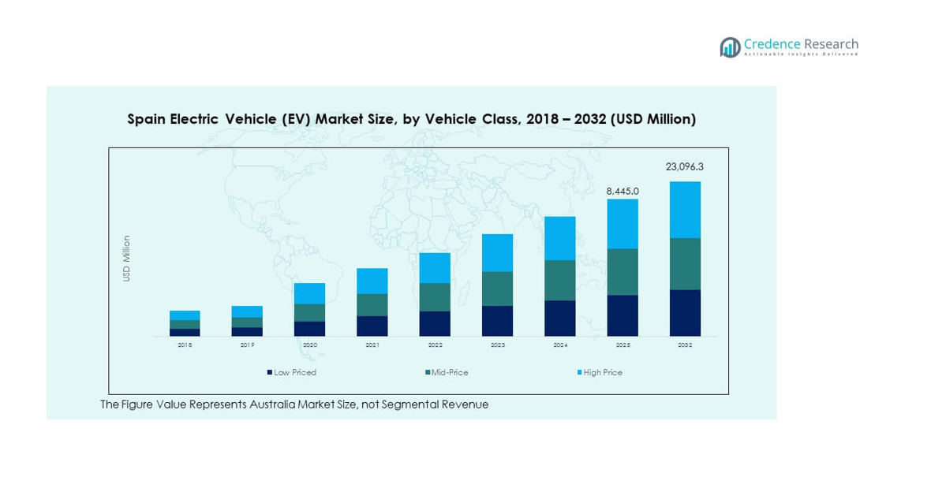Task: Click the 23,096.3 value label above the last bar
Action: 684,167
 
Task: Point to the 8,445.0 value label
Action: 622,191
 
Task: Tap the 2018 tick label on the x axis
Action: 185,345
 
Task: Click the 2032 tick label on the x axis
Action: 685,345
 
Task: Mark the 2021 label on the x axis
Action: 372,345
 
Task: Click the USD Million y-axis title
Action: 126,259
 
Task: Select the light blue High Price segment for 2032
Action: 685,210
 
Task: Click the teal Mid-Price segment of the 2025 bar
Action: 623,272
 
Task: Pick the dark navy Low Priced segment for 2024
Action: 560,319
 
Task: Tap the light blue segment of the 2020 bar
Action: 310,293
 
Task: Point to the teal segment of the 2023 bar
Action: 497,289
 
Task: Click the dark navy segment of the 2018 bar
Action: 185,333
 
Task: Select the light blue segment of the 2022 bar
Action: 435,268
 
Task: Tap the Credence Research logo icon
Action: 730,47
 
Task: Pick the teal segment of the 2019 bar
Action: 247,322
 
